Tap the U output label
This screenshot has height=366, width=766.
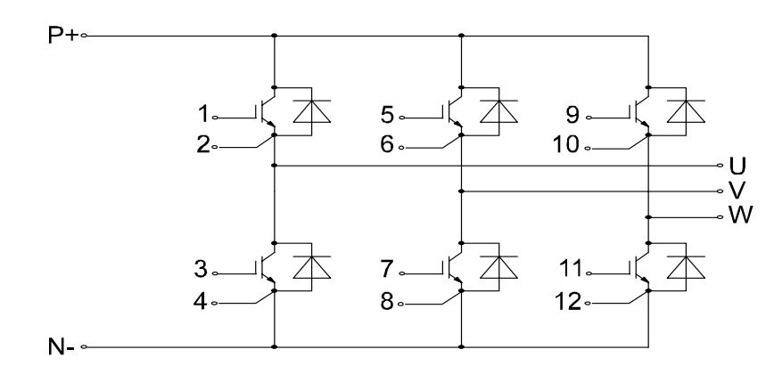tap(737, 166)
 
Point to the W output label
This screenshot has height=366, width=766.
tap(738, 216)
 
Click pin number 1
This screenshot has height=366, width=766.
tap(202, 115)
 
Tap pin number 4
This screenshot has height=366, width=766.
tap(202, 302)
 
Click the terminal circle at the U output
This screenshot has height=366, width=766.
tap(721, 166)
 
